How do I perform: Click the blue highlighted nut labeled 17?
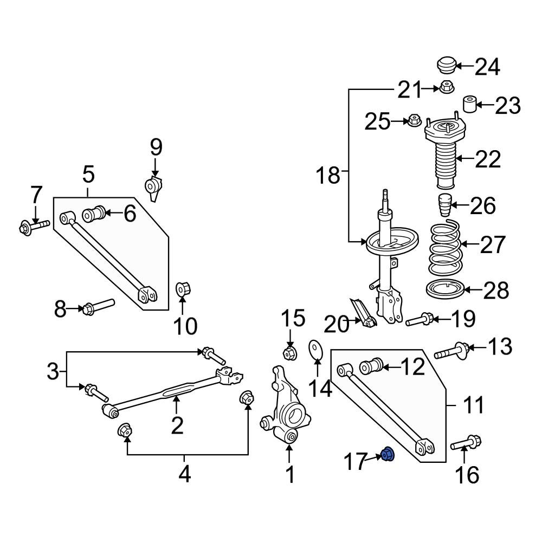(x=388, y=455)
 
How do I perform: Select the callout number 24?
(x=487, y=67)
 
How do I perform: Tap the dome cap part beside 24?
(x=446, y=66)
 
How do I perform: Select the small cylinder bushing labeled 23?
(x=469, y=104)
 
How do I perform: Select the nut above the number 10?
(x=182, y=291)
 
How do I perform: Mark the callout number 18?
(x=329, y=176)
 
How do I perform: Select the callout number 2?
(x=177, y=425)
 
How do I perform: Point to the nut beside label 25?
(x=414, y=120)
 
